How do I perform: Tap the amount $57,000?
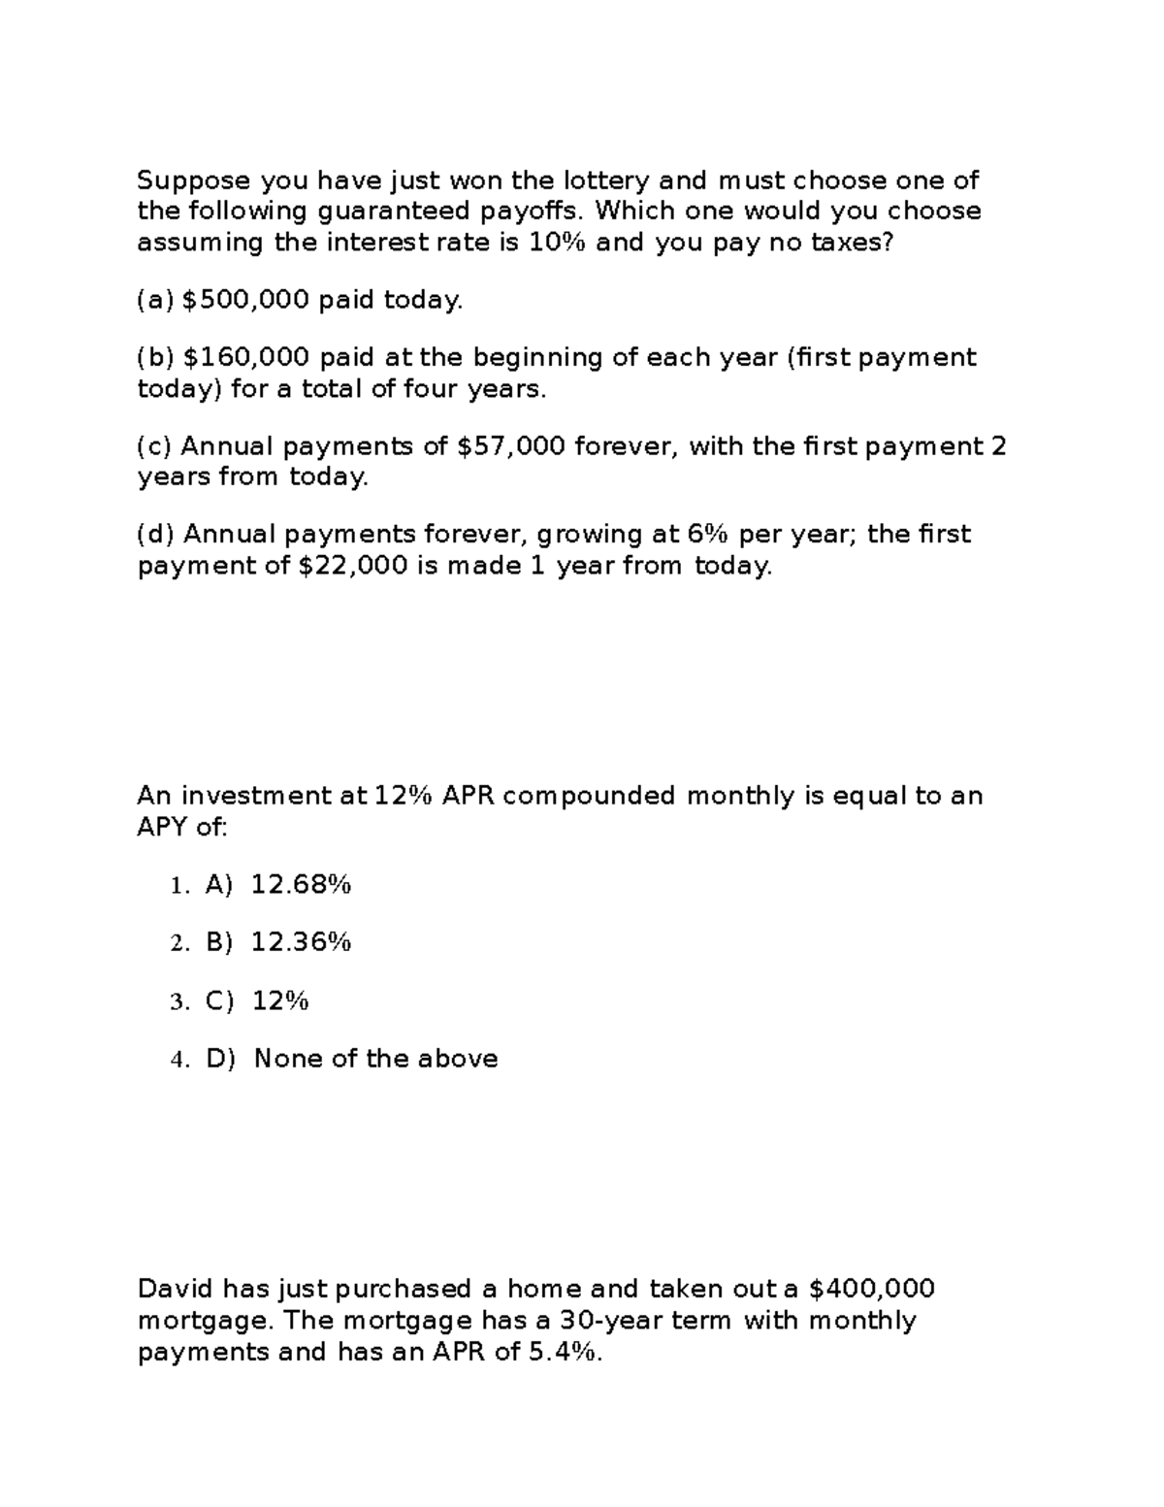pyautogui.click(x=510, y=446)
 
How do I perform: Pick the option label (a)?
pyautogui.click(x=155, y=301)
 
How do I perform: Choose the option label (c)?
pyautogui.click(x=155, y=446)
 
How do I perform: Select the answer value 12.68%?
pyautogui.click(x=301, y=885)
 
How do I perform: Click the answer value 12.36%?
pyautogui.click(x=301, y=942)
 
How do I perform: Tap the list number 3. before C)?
pyautogui.click(x=179, y=1002)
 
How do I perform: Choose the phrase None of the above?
pyautogui.click(x=375, y=1059)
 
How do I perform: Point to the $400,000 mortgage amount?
pyautogui.click(x=871, y=1289)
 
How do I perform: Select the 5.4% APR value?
pyautogui.click(x=566, y=1352)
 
